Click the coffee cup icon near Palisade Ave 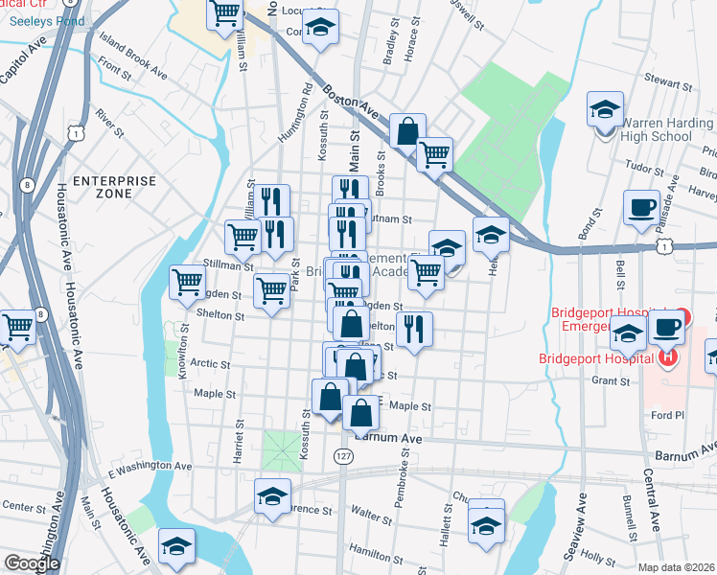pyautogui.click(x=641, y=206)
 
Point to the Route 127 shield pyautogui.click(x=342, y=456)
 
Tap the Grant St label pyautogui.click(x=610, y=380)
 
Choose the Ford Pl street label pyautogui.click(x=666, y=415)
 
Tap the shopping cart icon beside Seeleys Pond pyautogui.click(x=224, y=14)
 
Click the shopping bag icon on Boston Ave pyautogui.click(x=406, y=131)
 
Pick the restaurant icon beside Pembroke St pyautogui.click(x=414, y=329)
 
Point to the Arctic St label pyautogui.click(x=211, y=364)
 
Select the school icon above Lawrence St pyautogui.click(x=272, y=496)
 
